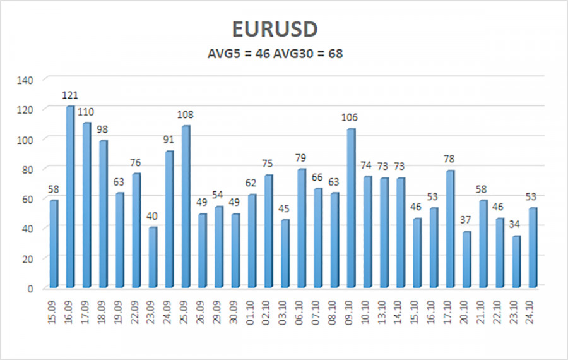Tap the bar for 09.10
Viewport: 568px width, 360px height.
pos(351,208)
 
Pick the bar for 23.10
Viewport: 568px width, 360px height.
pos(516,262)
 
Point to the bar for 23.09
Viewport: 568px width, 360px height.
pos(153,258)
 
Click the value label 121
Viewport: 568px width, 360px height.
pos(70,95)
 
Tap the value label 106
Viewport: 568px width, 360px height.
pos(351,117)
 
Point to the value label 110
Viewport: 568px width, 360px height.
pos(86,112)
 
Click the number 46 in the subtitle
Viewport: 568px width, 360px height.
pos(260,54)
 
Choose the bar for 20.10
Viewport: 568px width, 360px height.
pos(466,260)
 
